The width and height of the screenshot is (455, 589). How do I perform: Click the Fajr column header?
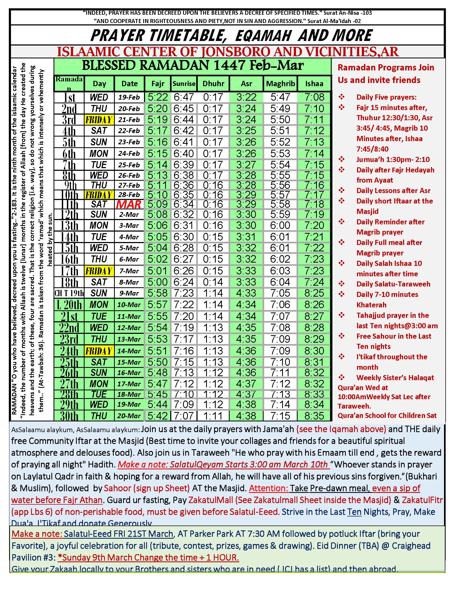pos(158,84)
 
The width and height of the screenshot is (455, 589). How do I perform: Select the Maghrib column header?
pos(280,84)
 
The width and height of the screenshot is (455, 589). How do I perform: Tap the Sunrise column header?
pos(184,84)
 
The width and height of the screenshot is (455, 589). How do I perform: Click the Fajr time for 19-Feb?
pos(158,97)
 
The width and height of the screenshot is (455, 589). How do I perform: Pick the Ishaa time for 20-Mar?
pos(314,416)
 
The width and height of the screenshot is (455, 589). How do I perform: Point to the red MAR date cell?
pos(129,205)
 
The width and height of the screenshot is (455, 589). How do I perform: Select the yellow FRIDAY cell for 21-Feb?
pos(99,119)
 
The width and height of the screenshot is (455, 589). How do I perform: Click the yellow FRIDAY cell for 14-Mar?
pos(99,351)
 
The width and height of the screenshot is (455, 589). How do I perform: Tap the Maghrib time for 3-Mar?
pos(280,225)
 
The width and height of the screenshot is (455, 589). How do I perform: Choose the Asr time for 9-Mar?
pos(246,293)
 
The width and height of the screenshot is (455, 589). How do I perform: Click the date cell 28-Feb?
pos(129,195)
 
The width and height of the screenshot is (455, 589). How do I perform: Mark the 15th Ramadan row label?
pos(69,248)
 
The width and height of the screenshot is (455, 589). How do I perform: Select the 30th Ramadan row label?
pos(69,416)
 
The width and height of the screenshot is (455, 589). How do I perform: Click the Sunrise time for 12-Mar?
pos(184,328)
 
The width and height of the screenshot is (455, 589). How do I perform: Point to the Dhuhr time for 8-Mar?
pos(213,282)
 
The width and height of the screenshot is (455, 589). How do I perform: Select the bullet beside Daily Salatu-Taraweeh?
pos(342,284)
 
